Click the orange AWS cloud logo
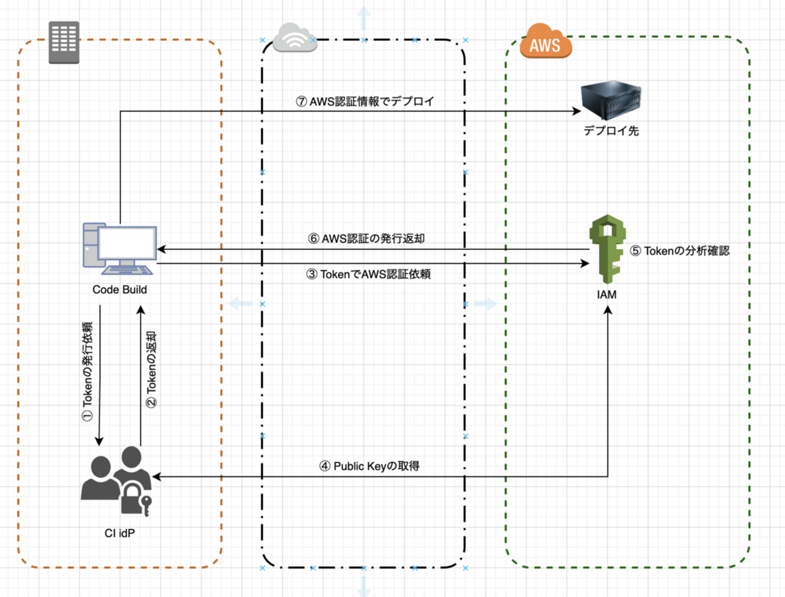[x=545, y=42]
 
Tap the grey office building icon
[x=64, y=42]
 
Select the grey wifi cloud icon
[x=295, y=38]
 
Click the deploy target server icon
[x=610, y=100]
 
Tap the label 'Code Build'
[x=120, y=290]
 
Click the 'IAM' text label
[x=607, y=295]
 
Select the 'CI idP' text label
[x=120, y=533]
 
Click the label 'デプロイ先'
[x=611, y=131]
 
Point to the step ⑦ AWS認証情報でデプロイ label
[x=365, y=101]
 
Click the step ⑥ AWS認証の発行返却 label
[x=367, y=238]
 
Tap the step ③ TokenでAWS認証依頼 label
[x=368, y=274]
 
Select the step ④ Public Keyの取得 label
[x=369, y=466]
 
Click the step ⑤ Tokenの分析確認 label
[x=679, y=251]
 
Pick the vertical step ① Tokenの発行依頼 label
[x=88, y=371]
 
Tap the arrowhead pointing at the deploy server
[x=577, y=111]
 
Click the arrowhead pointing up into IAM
[x=608, y=310]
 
